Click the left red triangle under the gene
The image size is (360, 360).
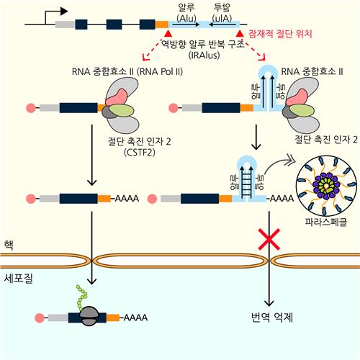pos(168,34)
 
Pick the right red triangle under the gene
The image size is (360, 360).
pos(240,34)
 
